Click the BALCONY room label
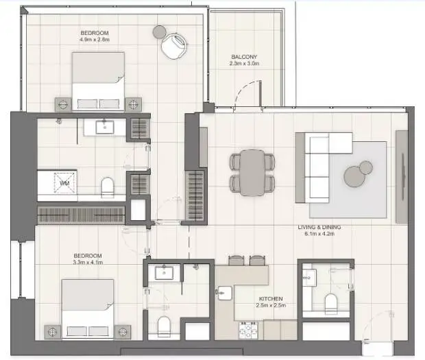coord(244,57)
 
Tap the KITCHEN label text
coord(271,299)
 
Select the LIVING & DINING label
coord(319,227)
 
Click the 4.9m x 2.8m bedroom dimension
coord(95,40)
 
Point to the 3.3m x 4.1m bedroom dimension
coord(88,262)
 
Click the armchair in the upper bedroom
coord(174,45)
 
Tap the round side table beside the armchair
coord(159,32)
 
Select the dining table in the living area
coord(252,173)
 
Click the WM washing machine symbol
coord(64,183)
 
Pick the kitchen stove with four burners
coord(248,330)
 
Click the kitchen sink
coord(224,293)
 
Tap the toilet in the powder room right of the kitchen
coord(330,304)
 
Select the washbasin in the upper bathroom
coord(105,127)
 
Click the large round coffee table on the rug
coord(354,176)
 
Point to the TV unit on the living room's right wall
coord(402,177)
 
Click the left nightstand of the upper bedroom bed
coord(63,104)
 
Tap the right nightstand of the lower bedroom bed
coord(123,331)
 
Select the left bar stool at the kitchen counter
coord(236,261)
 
